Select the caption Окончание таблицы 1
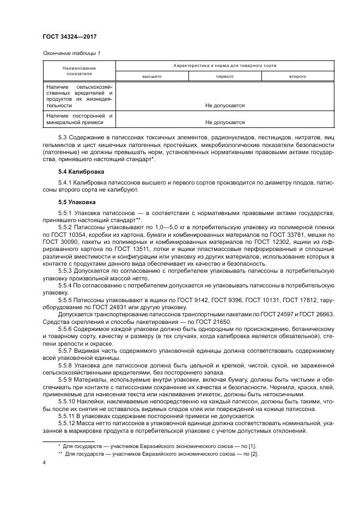point(71,53)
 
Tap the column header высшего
point(152,77)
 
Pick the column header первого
point(224,77)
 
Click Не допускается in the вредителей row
point(224,106)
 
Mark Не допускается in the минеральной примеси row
point(224,122)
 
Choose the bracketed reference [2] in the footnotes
point(253,453)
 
